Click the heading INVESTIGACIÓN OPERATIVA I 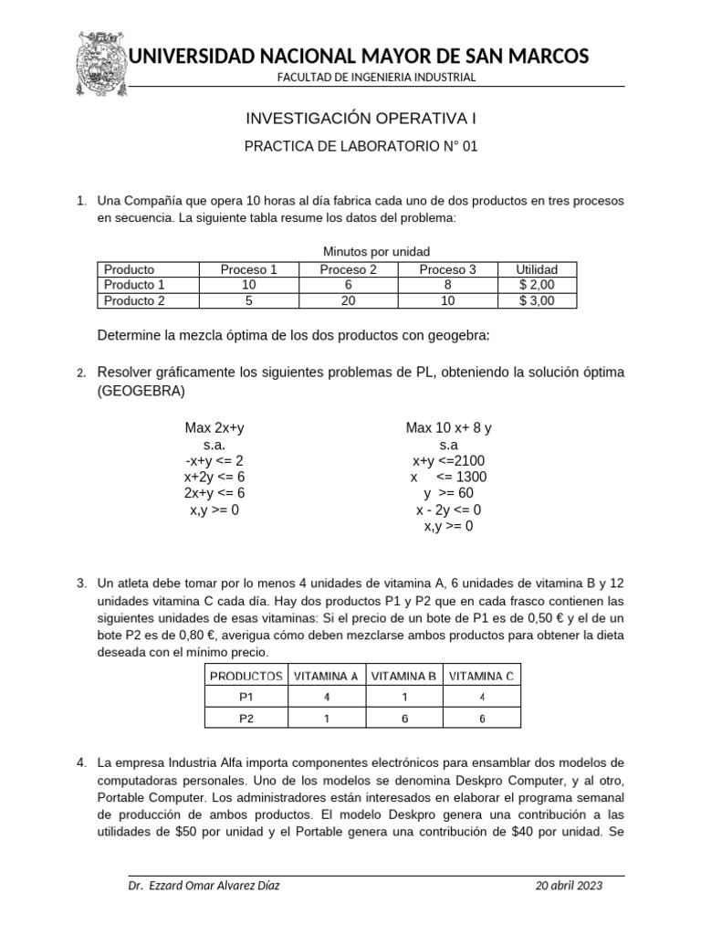tap(361, 119)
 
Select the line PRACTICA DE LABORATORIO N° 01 tap(361, 146)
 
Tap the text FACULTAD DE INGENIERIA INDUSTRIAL tap(377, 78)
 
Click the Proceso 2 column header tap(348, 269)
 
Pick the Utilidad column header tap(537, 269)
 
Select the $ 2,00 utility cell tap(537, 285)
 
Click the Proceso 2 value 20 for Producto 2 tap(348, 300)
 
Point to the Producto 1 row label tap(134, 285)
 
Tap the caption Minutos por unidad tap(376, 251)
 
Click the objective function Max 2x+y tap(214, 427)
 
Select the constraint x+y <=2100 tap(449, 460)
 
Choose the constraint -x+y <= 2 tap(214, 460)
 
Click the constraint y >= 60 tap(449, 493)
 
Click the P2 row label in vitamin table tap(246, 718)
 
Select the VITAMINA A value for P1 tap(326, 697)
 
